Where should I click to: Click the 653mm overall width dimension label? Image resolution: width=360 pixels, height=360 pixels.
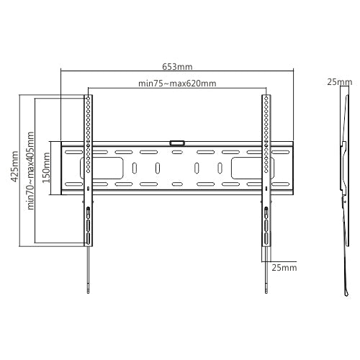177,66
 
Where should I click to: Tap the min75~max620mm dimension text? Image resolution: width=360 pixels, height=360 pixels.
177,84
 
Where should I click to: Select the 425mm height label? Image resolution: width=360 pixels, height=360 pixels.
15,168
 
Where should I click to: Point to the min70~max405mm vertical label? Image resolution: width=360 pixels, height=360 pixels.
31,169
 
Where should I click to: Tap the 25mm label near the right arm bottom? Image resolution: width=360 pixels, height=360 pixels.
284,268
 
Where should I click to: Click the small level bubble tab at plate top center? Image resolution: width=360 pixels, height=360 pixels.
177,143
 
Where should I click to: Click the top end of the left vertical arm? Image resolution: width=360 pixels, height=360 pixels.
88,96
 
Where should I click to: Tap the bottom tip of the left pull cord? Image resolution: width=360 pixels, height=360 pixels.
88,292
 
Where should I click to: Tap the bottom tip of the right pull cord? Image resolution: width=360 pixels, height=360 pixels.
266,292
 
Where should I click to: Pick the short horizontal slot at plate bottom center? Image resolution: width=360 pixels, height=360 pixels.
177,184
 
